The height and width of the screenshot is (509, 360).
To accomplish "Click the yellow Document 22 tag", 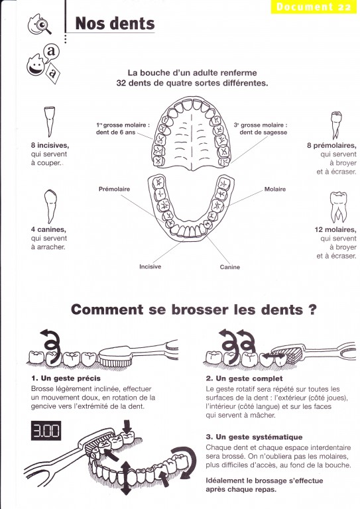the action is coord(314,7).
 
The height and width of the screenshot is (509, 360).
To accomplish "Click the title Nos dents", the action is coord(115,23).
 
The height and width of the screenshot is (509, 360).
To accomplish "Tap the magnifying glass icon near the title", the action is coord(44,25).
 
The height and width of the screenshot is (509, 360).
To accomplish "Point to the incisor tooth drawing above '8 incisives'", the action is coord(50,121).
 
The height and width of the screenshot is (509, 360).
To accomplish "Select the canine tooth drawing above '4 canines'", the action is coord(50,207).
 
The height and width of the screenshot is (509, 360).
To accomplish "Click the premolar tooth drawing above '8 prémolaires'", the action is coord(336,125).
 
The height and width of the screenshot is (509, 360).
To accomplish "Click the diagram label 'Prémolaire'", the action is coord(114,189).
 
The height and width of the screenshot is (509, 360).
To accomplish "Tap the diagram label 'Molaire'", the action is coord(275,189).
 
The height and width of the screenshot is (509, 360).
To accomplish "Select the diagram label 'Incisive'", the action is coord(150,266).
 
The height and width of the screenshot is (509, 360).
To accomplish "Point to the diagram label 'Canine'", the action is coord(230,267).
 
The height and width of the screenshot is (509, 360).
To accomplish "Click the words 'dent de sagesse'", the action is coord(263,132).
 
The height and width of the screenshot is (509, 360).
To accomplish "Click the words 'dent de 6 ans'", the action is coord(115,132).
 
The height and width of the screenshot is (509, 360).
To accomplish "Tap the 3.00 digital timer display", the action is coord(46,431).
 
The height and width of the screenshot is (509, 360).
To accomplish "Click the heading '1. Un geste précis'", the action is coord(66,378).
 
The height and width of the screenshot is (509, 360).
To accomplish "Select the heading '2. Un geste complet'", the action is coord(244,378).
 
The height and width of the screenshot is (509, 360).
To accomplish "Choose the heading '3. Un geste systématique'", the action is coord(254,437).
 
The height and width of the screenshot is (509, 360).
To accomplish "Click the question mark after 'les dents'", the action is coord(312,310).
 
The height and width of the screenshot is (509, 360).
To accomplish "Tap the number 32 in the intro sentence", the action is coord(121,83).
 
